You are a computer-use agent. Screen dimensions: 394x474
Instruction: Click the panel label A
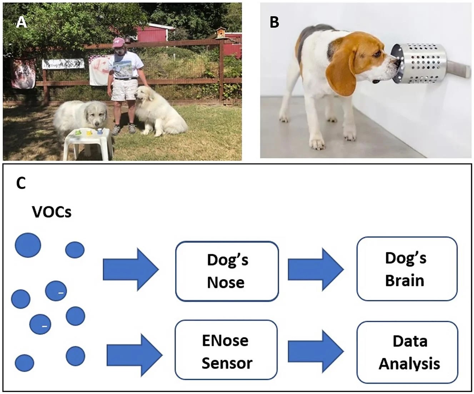click(21, 22)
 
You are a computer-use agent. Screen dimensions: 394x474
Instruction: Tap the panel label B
click(274, 22)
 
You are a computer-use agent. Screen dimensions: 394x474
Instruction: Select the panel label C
click(21, 183)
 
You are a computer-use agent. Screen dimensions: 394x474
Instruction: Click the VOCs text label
click(52, 212)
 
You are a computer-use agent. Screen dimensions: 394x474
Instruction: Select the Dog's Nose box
click(227, 271)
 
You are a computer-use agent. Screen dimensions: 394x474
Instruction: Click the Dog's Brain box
click(407, 269)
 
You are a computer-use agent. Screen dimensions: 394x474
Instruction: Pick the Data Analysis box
click(408, 352)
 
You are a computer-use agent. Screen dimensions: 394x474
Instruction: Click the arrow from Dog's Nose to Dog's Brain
click(315, 269)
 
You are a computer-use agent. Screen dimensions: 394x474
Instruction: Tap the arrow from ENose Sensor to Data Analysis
click(315, 351)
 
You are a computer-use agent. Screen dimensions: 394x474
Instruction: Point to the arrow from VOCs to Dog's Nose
click(130, 269)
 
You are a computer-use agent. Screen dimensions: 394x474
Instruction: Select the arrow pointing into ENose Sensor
click(134, 355)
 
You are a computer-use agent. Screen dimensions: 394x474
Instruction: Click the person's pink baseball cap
click(118, 43)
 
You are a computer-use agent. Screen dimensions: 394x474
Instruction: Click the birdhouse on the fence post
click(220, 33)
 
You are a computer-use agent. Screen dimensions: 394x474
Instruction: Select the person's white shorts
click(124, 89)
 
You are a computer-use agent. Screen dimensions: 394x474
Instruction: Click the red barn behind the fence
click(154, 34)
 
